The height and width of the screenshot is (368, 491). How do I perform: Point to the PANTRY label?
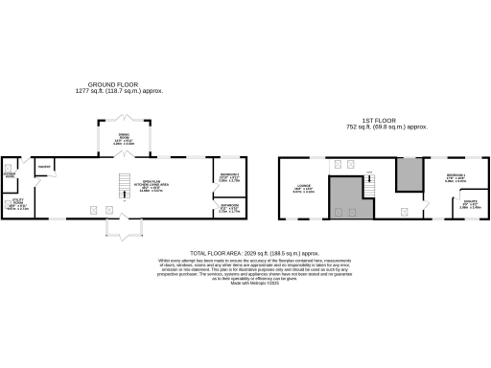43,167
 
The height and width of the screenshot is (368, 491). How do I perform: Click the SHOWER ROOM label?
11,175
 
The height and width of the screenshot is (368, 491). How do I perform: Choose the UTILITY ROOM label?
17,202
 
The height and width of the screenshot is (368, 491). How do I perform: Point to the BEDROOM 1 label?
456,177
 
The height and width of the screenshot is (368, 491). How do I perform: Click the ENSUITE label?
458,204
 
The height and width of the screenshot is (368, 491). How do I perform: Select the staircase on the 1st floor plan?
368,181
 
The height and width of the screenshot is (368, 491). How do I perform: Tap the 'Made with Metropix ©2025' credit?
245,285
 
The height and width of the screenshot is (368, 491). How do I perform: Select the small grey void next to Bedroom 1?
409,174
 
